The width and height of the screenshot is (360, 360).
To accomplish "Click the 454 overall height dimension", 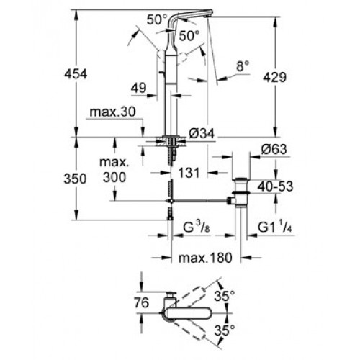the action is coord(76,74).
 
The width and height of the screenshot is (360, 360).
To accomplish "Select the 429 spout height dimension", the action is coord(275,77).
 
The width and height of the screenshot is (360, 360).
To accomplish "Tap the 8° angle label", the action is coord(243,66).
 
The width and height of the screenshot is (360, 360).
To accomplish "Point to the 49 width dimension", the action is coord(138,88).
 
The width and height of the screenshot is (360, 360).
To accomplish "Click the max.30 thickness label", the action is coord(112,112).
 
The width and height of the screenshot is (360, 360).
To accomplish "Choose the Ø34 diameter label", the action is coord(202,133).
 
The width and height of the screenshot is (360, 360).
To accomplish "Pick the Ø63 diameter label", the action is coord(274,149).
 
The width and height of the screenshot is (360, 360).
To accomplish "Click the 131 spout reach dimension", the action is coord(189,173).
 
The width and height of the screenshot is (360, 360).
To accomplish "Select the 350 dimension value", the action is coord(75,179).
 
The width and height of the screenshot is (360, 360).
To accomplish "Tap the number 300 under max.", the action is coord(114,177).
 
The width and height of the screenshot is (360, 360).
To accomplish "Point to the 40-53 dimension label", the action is coord(275,186).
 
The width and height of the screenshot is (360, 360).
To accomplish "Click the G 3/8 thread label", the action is coord(197,228).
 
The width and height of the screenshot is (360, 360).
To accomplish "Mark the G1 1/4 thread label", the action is coord(275,228).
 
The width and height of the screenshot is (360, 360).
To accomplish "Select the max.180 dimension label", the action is coord(205,258).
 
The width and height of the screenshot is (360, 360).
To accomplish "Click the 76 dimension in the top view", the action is coord(142,302).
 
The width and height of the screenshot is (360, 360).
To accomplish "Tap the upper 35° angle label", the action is coord(225,296).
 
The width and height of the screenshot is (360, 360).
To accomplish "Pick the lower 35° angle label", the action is coord(225,330).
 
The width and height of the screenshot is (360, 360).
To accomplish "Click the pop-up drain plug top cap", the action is coord(240,179).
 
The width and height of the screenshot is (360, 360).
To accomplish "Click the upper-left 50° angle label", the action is coord(157,19).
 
